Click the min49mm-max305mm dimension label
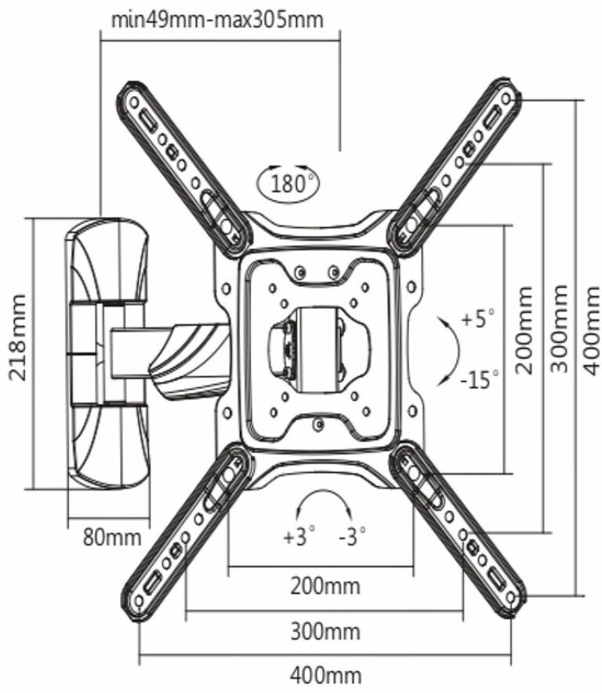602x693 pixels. coord(217,19)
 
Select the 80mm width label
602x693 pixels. coord(112,538)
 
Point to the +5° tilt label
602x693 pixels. coord(478,319)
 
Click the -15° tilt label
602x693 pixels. coord(479,381)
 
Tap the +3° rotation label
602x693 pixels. coord(299,538)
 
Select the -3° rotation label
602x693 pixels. coord(353,538)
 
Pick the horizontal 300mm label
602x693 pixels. coord(325,632)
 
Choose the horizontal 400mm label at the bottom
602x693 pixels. coord(325,676)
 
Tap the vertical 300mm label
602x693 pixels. coord(560,330)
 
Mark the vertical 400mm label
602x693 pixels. coord(591,330)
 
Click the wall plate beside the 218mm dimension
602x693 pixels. coord(107,352)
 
